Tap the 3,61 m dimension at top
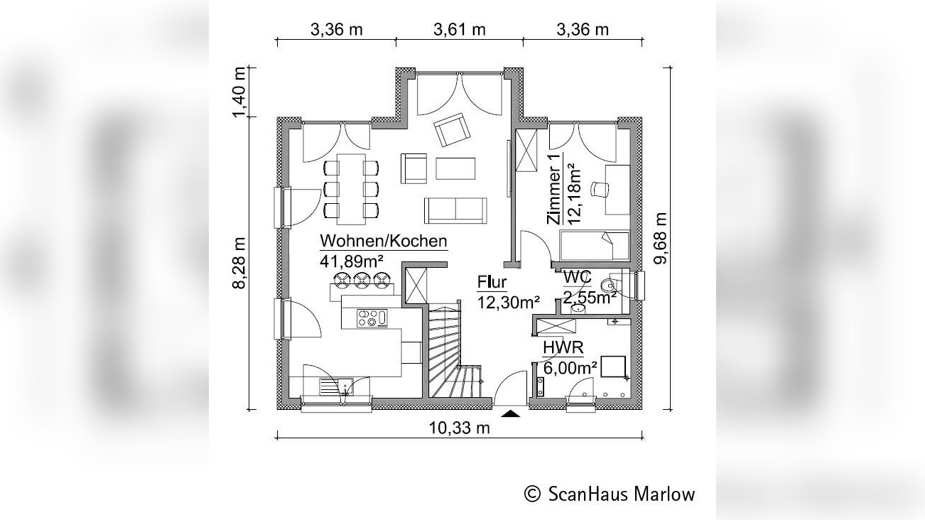pyautogui.click(x=459, y=29)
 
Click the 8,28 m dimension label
pyautogui.click(x=240, y=262)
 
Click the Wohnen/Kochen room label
pyautogui.click(x=384, y=240)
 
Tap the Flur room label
pyautogui.click(x=492, y=283)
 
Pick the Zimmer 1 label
pyautogui.click(x=555, y=190)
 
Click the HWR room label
pyautogui.click(x=563, y=347)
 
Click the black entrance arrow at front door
pyautogui.click(x=512, y=413)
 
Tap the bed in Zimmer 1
pyautogui.click(x=595, y=246)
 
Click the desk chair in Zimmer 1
pyautogui.click(x=602, y=189)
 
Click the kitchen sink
pyautogui.click(x=337, y=387)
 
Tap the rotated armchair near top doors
pyautogui.click(x=453, y=130)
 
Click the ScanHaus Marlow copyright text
pyautogui.click(x=610, y=494)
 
